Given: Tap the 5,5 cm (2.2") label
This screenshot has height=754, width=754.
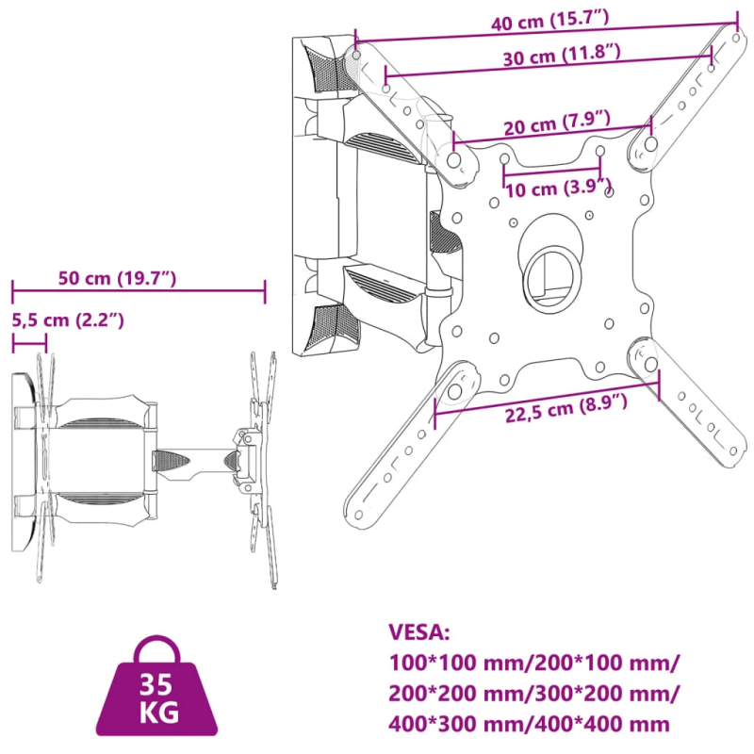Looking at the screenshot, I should [68, 320].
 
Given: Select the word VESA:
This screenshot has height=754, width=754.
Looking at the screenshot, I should [419, 632].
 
